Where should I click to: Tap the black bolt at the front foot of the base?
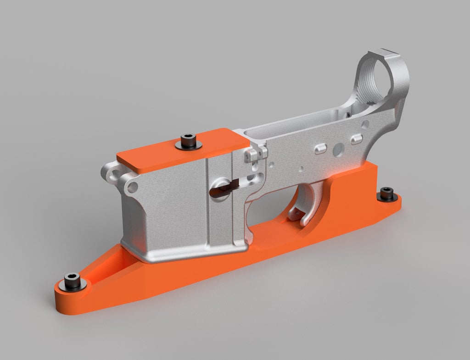point(72,280)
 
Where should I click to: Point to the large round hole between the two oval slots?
point(339,149)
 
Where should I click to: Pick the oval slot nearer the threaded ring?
point(357,139)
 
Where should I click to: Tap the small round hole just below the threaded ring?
point(365,124)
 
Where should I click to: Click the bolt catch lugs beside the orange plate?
point(256,154)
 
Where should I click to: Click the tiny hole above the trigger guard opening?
point(302,168)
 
